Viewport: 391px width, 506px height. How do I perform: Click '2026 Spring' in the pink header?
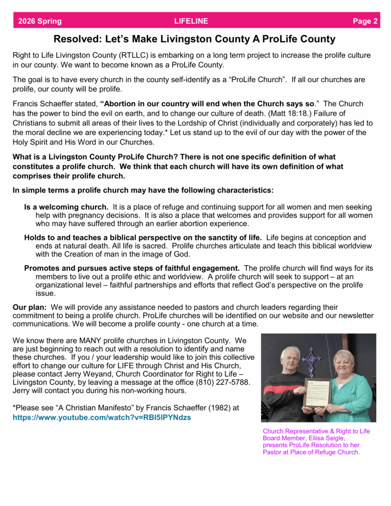(x=40, y=21)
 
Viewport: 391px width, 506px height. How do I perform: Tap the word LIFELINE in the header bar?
(x=191, y=21)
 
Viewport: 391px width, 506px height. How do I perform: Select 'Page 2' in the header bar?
(x=365, y=21)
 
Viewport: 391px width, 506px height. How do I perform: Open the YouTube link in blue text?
(x=102, y=418)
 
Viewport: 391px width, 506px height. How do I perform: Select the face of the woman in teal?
(x=344, y=363)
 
